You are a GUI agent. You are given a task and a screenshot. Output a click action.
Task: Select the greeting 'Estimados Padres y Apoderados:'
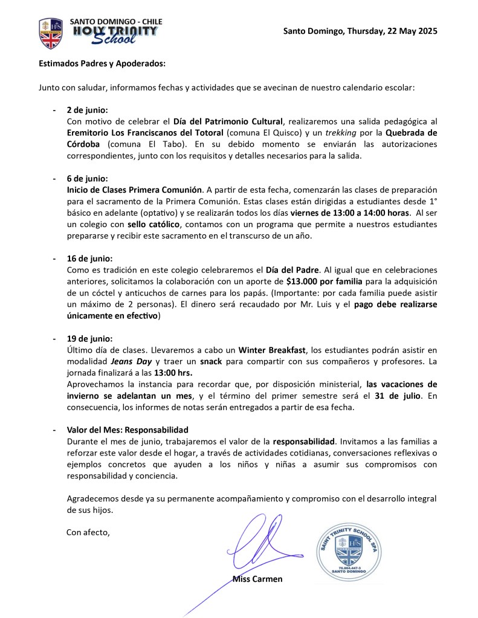point(102,63)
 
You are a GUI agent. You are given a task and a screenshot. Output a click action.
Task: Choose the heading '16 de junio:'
point(89,258)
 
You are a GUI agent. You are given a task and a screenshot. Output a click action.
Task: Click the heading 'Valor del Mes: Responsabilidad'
point(128,430)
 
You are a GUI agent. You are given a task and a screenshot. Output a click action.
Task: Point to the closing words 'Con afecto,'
point(88,532)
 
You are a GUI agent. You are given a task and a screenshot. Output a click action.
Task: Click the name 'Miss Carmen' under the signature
point(257,579)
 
